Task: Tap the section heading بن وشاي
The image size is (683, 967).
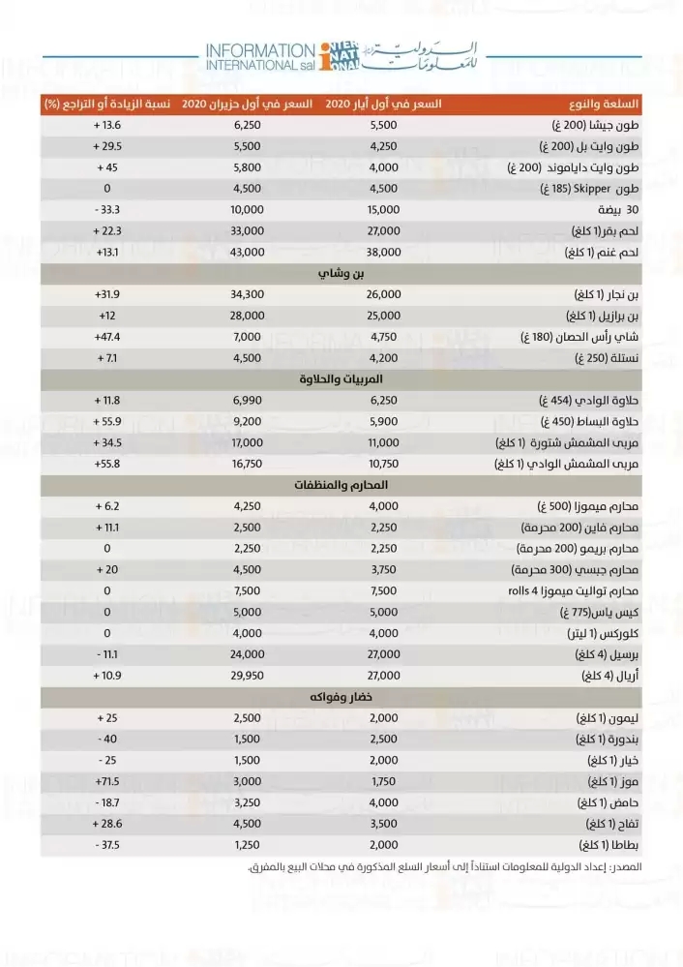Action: [x=341, y=274]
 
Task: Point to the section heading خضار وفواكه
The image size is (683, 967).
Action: [x=341, y=698]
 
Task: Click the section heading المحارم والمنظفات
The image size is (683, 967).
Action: [x=341, y=484]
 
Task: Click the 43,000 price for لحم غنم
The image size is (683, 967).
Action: [x=249, y=252]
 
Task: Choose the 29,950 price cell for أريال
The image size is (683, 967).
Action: [x=249, y=676]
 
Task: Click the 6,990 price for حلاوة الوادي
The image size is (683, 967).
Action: [x=249, y=401]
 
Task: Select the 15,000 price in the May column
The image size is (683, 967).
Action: [x=384, y=209]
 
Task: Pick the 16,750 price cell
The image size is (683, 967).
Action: [x=249, y=465]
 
